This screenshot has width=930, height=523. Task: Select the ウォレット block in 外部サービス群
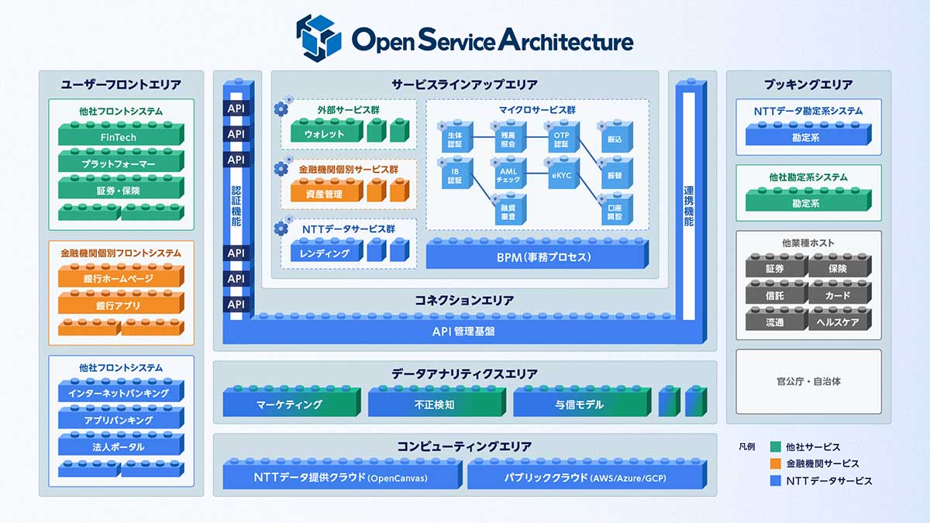click(324, 134)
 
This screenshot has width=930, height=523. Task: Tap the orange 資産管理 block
click(324, 194)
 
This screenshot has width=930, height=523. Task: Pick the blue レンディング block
click(324, 253)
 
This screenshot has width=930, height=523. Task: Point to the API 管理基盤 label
click(463, 332)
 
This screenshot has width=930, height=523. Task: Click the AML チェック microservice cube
click(508, 175)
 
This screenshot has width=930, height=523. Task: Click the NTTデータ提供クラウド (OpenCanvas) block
click(341, 477)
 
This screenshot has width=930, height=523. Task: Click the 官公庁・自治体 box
click(808, 381)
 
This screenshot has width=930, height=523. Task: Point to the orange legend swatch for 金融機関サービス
click(775, 463)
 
